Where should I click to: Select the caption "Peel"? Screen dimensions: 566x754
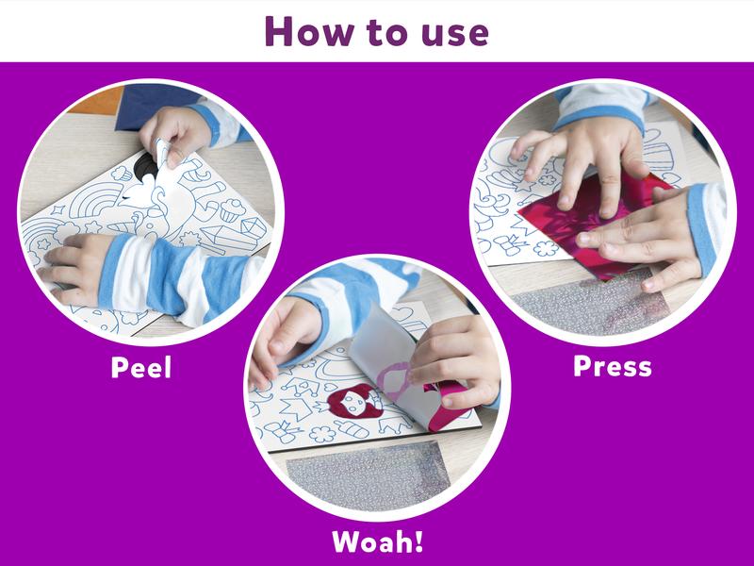tap(141, 366)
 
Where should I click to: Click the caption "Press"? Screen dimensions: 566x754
tap(612, 365)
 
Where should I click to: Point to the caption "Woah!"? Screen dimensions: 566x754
tap(376, 541)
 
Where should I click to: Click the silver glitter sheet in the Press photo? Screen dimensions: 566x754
tap(584, 302)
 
